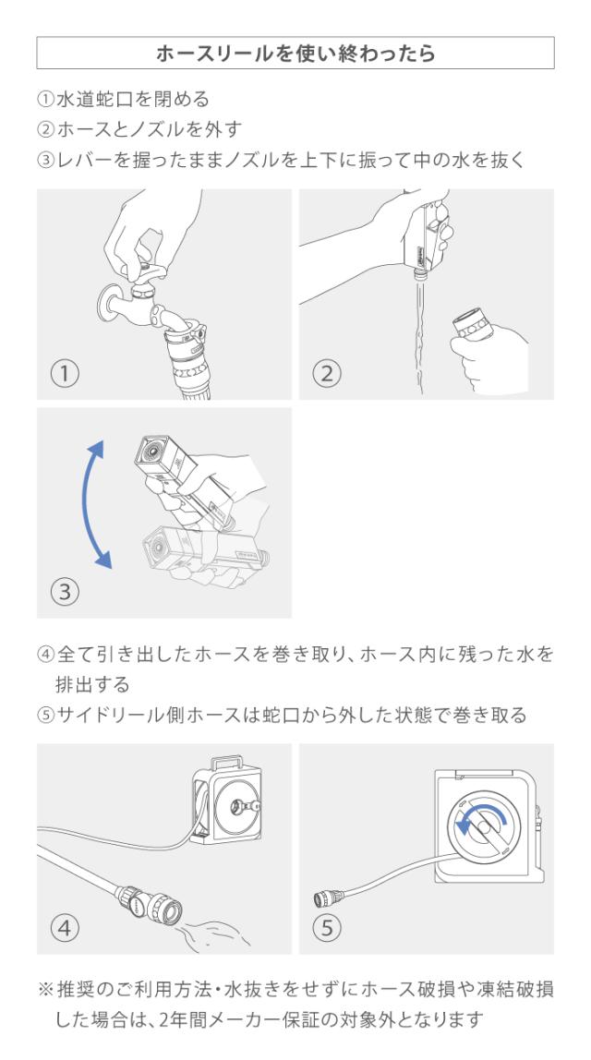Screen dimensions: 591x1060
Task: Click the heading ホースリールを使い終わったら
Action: [x=295, y=53]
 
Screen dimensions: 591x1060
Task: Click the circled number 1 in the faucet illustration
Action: [x=65, y=373]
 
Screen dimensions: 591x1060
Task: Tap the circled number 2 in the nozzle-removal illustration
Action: [x=327, y=373]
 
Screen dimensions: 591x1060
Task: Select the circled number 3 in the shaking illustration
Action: [x=65, y=592]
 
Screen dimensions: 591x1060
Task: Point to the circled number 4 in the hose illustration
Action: [x=65, y=928]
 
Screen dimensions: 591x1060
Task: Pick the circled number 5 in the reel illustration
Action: [x=327, y=928]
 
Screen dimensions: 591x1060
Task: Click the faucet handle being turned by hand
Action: [x=148, y=273]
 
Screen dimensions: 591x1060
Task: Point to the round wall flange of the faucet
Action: [x=108, y=304]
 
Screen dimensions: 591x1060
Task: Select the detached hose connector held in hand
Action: [x=472, y=325]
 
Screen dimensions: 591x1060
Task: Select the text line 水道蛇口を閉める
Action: [x=133, y=100]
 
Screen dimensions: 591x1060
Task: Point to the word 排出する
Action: [x=92, y=685]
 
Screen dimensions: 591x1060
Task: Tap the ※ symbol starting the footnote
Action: [x=45, y=990]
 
